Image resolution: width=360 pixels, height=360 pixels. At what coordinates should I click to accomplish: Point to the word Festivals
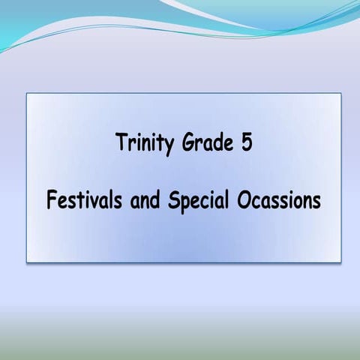coord(79,201)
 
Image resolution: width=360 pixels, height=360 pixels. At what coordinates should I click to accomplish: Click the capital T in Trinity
coord(121,142)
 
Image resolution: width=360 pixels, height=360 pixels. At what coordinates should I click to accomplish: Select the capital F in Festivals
coord(51,201)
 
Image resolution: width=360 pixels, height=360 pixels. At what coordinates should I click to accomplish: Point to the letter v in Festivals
coord(86,202)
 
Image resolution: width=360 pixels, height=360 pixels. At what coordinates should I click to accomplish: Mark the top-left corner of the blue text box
coord(27,93)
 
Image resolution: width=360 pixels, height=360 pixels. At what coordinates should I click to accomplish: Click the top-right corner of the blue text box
coord(340,93)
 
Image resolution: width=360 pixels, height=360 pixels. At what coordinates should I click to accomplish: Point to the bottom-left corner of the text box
coord(27,262)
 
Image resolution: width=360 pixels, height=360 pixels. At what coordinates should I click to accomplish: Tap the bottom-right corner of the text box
coord(340,262)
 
